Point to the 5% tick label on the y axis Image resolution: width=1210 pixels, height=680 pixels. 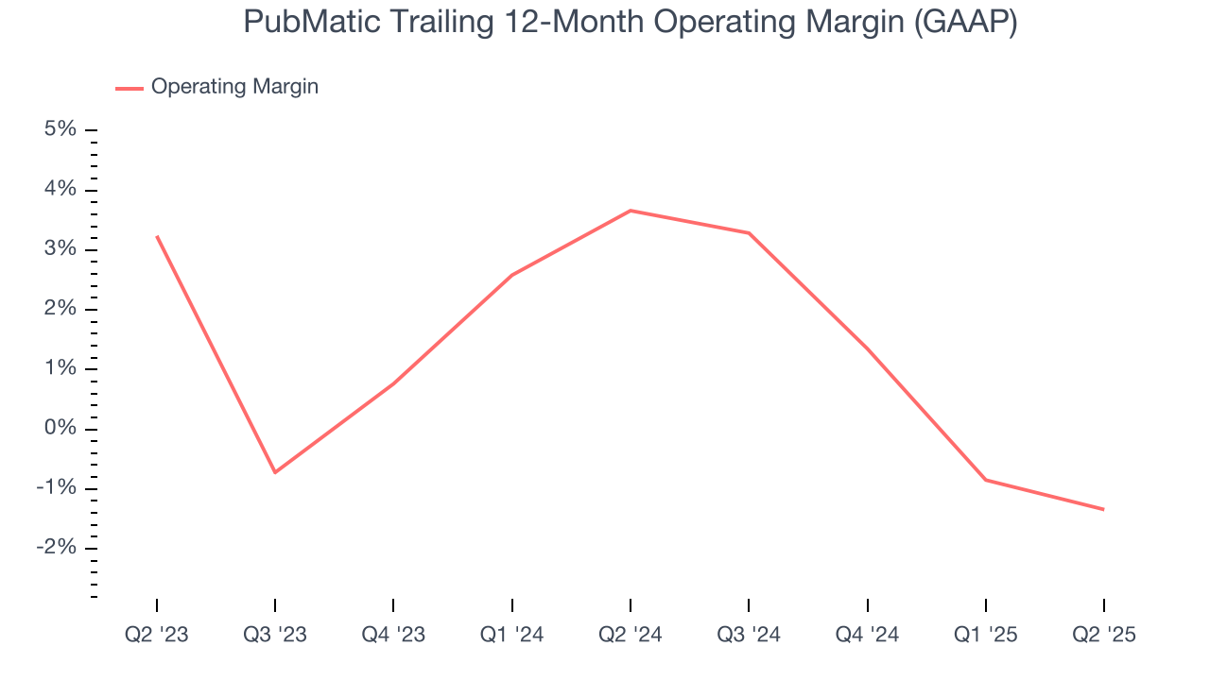[x=60, y=129]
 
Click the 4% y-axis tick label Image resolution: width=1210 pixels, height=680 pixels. [x=60, y=189]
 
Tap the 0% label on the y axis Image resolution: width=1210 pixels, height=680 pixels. [x=60, y=428]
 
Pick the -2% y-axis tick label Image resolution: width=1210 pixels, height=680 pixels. [x=56, y=548]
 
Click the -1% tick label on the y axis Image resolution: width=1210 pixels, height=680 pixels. [x=56, y=488]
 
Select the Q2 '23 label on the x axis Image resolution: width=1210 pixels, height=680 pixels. [x=157, y=635]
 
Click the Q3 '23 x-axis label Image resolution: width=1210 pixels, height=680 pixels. [x=275, y=635]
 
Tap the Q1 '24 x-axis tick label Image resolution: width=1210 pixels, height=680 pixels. [x=511, y=635]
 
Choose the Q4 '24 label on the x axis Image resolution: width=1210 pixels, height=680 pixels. [x=867, y=635]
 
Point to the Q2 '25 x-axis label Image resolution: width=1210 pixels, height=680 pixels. [x=1103, y=635]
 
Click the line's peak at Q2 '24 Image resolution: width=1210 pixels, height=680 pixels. [x=631, y=211]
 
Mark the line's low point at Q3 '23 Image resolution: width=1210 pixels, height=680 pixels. [x=275, y=472]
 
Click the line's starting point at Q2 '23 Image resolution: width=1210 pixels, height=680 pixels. [x=157, y=236]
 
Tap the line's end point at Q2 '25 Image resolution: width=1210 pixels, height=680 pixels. [x=1103, y=509]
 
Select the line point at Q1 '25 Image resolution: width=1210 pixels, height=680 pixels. [x=985, y=480]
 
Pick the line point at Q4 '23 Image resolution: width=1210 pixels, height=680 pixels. [x=393, y=383]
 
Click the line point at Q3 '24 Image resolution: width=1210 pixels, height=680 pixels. [x=749, y=233]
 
